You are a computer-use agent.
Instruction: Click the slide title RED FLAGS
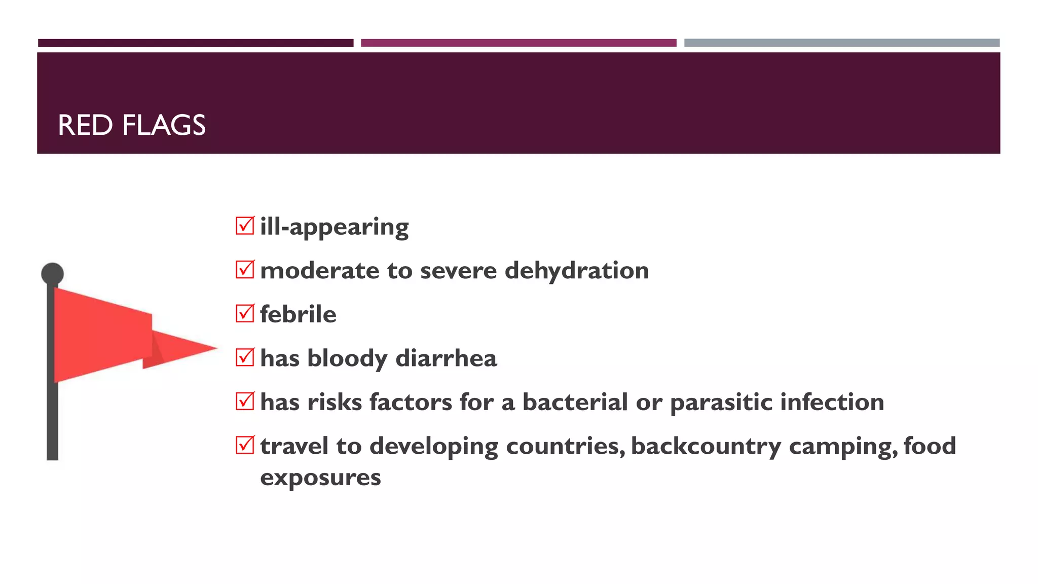coord(132,125)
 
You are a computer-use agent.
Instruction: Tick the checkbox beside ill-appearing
coord(245,226)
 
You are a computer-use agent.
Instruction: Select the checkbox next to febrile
coord(245,313)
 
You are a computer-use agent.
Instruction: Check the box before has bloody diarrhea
coord(245,357)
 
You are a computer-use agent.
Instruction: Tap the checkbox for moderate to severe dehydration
coord(245,269)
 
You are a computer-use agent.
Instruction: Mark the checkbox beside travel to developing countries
coord(245,445)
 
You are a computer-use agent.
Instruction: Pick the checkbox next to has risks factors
coord(245,401)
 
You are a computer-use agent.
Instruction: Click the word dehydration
coord(577,270)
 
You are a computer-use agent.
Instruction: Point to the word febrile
coord(298,314)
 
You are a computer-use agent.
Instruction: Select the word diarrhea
coord(446,358)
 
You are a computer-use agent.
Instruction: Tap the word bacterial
coord(575,402)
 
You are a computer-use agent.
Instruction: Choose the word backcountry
coord(706,447)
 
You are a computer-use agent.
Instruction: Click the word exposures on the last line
coord(320,478)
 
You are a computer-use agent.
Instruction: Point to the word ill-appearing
coord(334,227)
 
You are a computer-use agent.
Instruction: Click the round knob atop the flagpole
coord(52,274)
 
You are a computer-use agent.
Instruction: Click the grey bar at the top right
coord(841,43)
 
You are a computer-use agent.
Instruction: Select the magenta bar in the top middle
coord(518,43)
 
